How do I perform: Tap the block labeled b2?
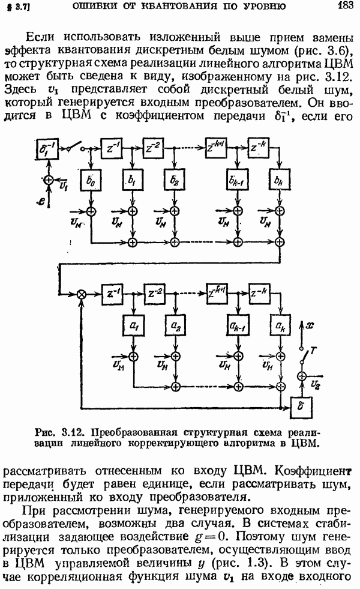174,180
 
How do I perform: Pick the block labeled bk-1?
238,180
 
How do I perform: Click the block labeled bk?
280,180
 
